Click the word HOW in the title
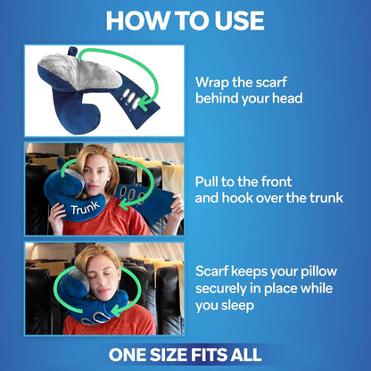click(x=136, y=20)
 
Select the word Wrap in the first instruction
click(x=214, y=80)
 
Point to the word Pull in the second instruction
click(x=210, y=179)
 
